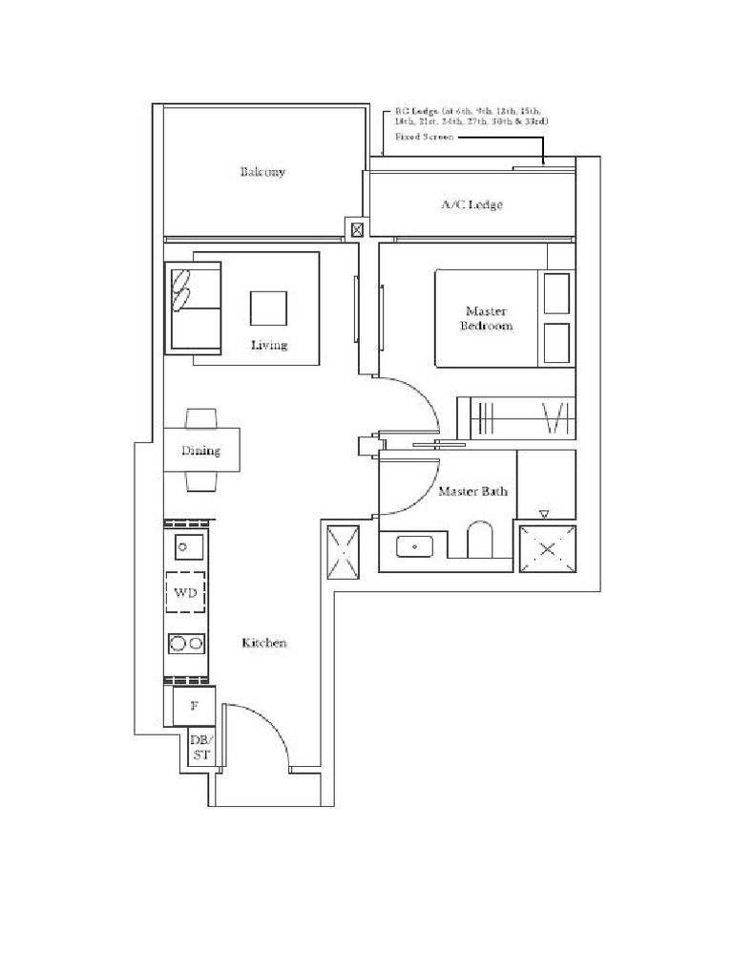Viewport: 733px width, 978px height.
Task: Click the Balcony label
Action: point(262,173)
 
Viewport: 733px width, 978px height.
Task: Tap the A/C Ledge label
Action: point(471,204)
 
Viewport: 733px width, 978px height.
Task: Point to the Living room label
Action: point(269,345)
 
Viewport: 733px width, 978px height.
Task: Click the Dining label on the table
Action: point(200,451)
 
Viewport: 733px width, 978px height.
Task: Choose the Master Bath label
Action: point(472,492)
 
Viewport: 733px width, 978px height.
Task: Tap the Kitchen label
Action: point(263,644)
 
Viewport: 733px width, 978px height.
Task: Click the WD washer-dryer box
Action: point(187,593)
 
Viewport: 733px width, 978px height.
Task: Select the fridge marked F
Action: point(194,707)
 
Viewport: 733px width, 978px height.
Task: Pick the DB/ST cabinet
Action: point(200,747)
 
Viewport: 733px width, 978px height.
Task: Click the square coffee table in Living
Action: point(268,308)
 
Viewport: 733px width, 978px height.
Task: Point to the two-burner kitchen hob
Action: point(187,644)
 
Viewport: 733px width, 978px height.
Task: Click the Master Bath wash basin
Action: point(414,547)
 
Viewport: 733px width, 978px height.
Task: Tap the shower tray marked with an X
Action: point(547,549)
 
